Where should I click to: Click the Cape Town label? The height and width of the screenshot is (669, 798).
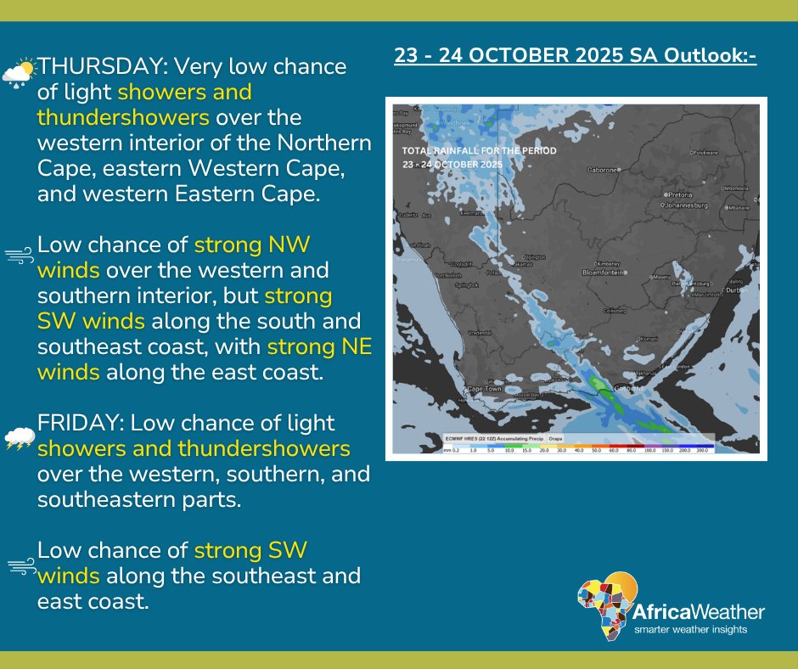481,390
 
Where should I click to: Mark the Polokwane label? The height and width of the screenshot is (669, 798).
711,153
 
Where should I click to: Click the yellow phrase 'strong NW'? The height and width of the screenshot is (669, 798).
252,246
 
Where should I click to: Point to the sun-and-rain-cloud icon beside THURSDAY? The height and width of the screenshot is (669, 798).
19,72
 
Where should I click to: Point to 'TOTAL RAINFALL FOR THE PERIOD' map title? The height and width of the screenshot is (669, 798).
480,150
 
